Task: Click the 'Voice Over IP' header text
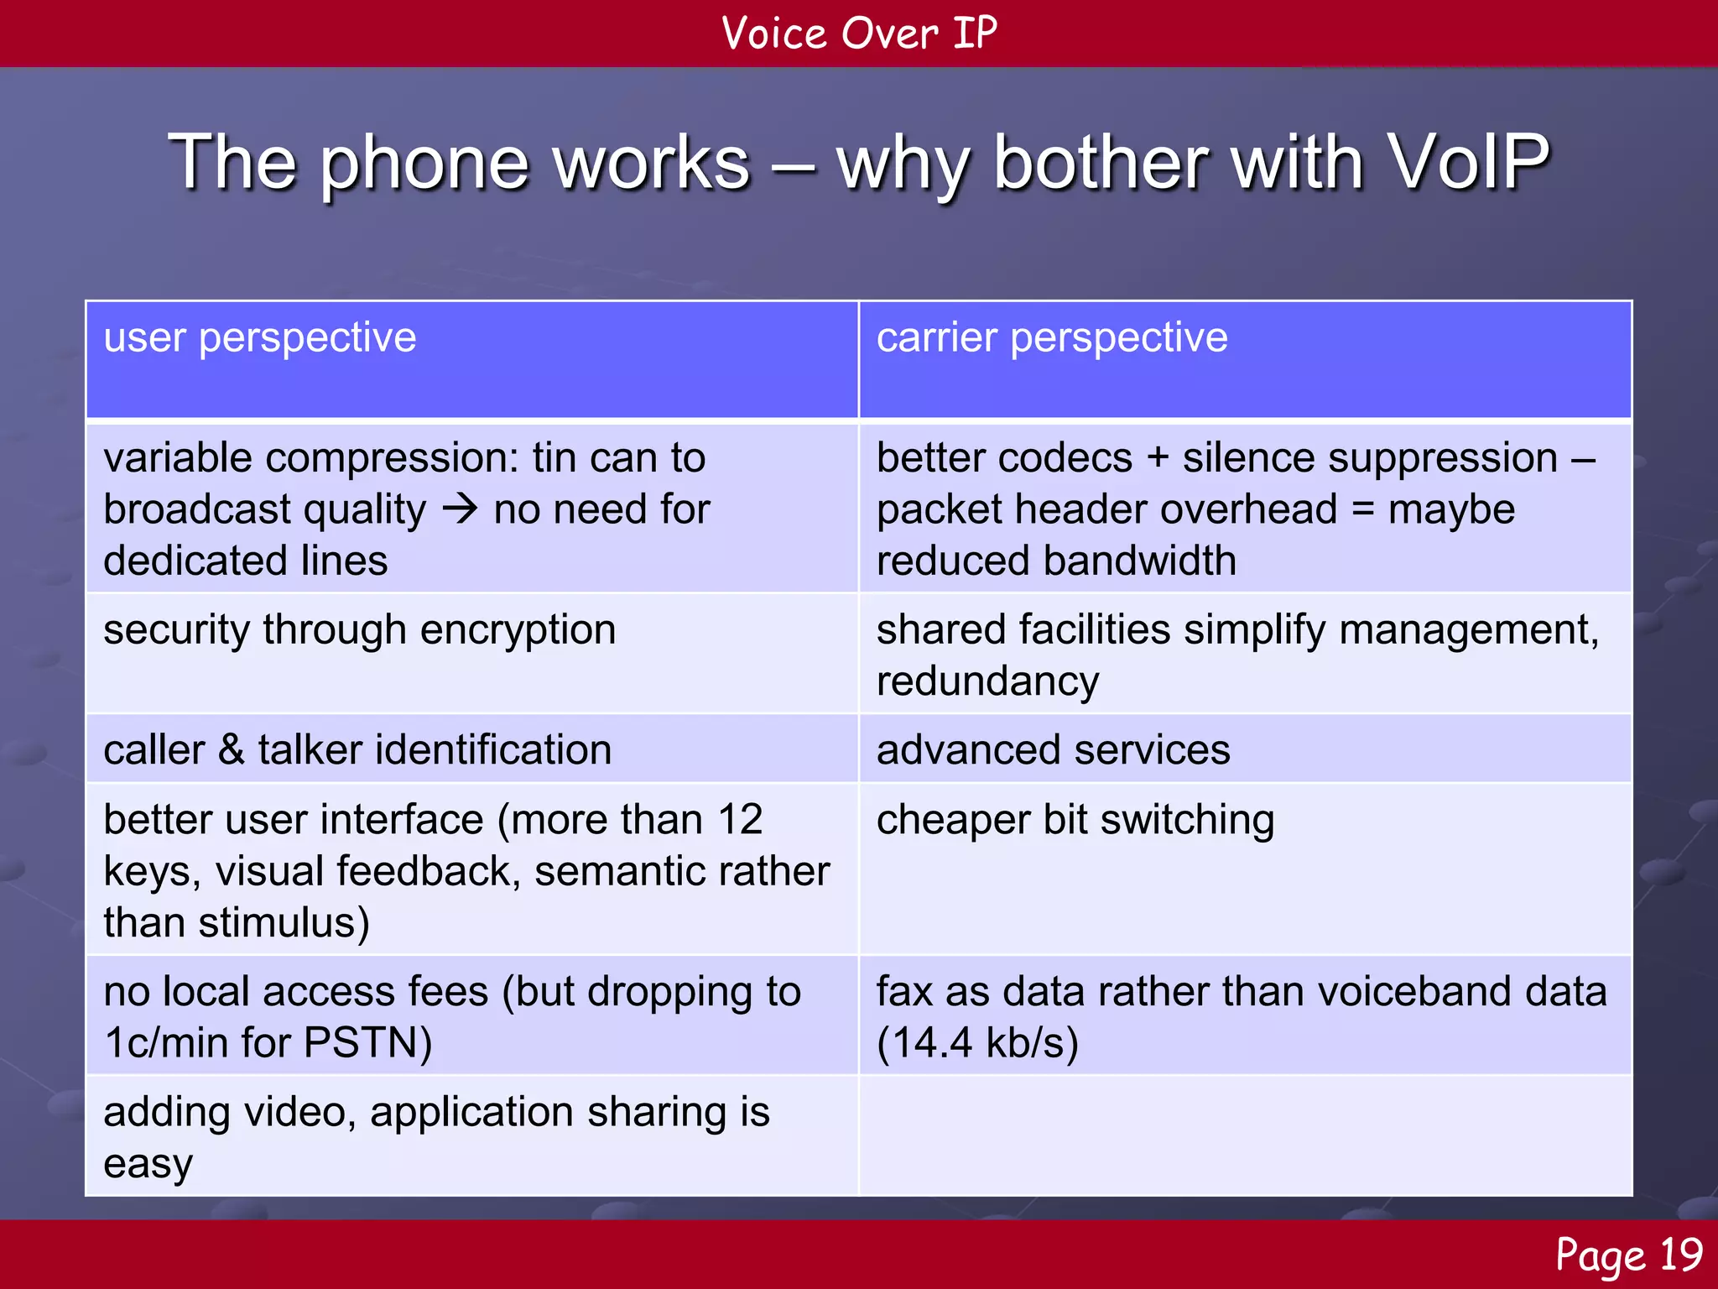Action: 859,34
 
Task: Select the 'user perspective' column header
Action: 260,338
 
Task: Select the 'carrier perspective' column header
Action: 1052,338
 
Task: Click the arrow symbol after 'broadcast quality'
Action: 460,509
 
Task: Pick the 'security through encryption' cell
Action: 359,629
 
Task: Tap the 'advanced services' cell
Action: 1053,749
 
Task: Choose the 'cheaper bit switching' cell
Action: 1075,819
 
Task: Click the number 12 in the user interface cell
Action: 739,819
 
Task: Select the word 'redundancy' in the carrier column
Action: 987,681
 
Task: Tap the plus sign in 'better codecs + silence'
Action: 1158,458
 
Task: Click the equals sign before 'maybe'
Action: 1364,509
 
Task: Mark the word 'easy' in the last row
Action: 148,1164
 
